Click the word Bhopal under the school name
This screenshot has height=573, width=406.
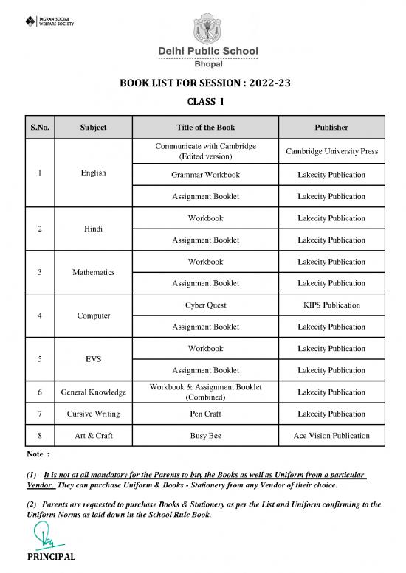[203, 63]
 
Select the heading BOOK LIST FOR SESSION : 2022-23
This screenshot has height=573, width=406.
[202, 83]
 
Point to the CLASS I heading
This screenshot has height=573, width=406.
[203, 104]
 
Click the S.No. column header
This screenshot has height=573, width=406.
[40, 128]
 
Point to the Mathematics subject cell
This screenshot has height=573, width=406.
[94, 273]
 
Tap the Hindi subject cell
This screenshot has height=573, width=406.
[94, 229]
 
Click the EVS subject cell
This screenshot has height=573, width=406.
[94, 360]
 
